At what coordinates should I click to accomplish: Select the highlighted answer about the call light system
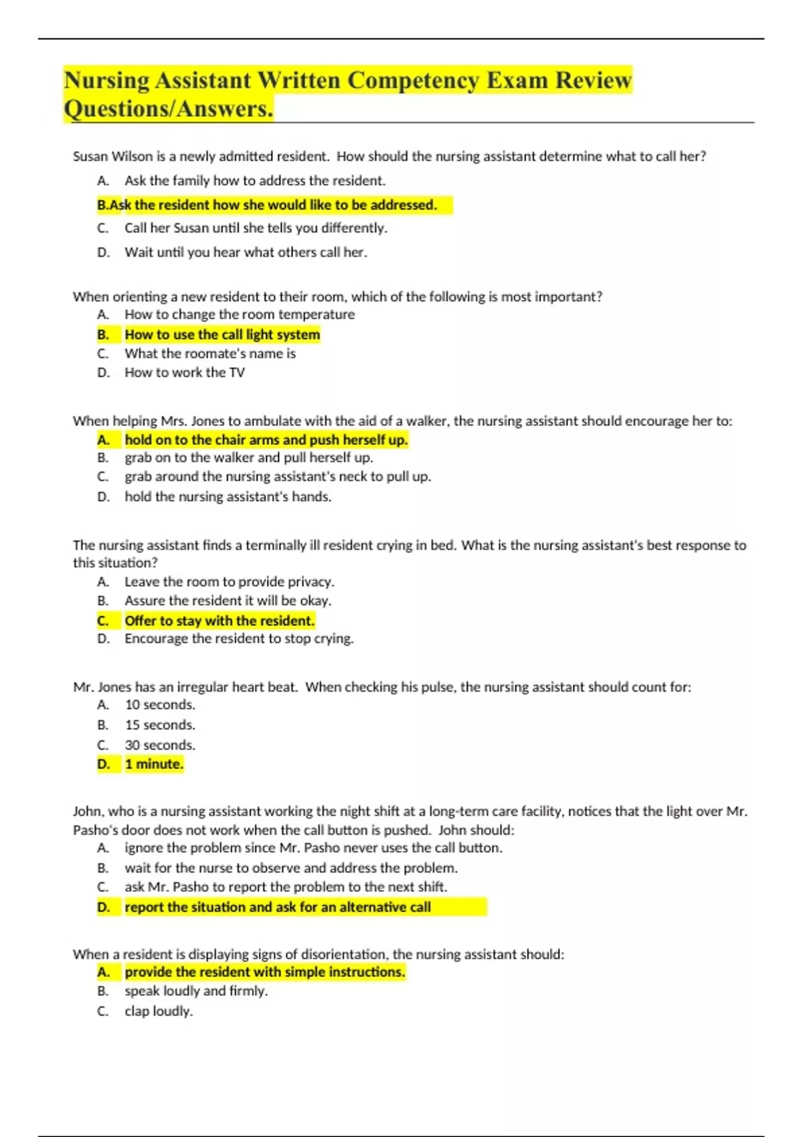tap(222, 334)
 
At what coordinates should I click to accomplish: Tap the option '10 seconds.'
tap(160, 705)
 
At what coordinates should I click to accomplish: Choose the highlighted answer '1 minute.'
tap(154, 764)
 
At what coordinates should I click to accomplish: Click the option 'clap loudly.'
tap(159, 1011)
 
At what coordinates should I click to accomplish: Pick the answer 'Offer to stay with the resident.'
tap(219, 621)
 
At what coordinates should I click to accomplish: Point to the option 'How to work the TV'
tap(185, 373)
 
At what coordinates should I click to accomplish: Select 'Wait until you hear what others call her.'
tap(246, 252)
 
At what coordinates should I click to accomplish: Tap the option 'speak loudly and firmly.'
tap(196, 991)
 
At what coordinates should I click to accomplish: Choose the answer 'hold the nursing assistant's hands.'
tap(228, 497)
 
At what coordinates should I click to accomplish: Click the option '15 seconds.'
tap(160, 725)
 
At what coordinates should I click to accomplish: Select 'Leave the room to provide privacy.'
tap(230, 582)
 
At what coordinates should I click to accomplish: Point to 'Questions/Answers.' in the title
tap(169, 109)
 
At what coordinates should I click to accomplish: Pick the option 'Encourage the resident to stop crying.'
tap(239, 639)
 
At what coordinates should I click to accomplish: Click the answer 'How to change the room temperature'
tap(240, 314)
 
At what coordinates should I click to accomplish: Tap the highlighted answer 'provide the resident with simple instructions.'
tap(265, 972)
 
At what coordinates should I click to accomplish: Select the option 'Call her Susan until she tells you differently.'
tap(256, 228)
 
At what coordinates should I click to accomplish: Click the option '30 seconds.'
tap(160, 745)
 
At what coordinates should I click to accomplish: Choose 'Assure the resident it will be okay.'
tap(228, 601)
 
